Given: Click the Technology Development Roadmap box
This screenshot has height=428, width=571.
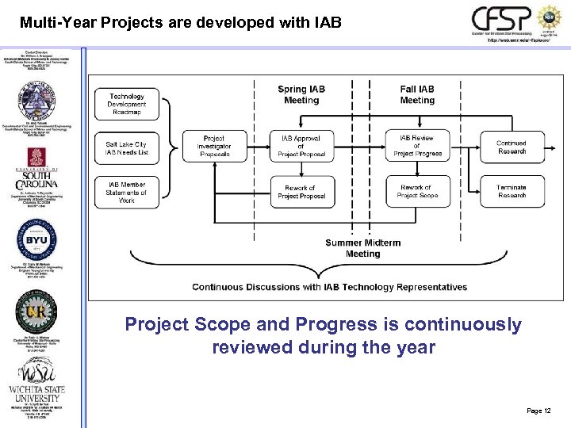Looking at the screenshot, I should (127, 105).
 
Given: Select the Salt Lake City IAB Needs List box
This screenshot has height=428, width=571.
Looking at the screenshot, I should (127, 148).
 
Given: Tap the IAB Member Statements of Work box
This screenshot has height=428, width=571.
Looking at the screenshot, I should (127, 193).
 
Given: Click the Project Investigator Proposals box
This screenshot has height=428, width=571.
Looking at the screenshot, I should (214, 147).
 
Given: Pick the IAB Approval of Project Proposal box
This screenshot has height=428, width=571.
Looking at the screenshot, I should (301, 147).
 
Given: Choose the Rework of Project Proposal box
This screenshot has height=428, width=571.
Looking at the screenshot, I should (301, 192).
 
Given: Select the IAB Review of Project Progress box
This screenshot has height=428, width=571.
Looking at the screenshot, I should (417, 147).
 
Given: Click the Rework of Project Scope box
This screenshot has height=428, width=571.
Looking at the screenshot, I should (417, 192).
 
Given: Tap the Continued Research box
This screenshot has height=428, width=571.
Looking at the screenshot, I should (512, 147).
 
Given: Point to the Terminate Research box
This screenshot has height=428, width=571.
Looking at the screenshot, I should (512, 192).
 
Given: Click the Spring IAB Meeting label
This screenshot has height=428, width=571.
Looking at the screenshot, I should (301, 95).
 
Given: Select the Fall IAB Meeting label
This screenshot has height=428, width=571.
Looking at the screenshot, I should (417, 95).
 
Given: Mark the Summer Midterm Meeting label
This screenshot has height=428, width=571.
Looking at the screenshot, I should (362, 248).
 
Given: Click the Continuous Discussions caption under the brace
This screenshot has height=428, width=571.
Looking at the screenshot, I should (329, 287).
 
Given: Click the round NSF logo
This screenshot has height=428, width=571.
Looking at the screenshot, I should (550, 18).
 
